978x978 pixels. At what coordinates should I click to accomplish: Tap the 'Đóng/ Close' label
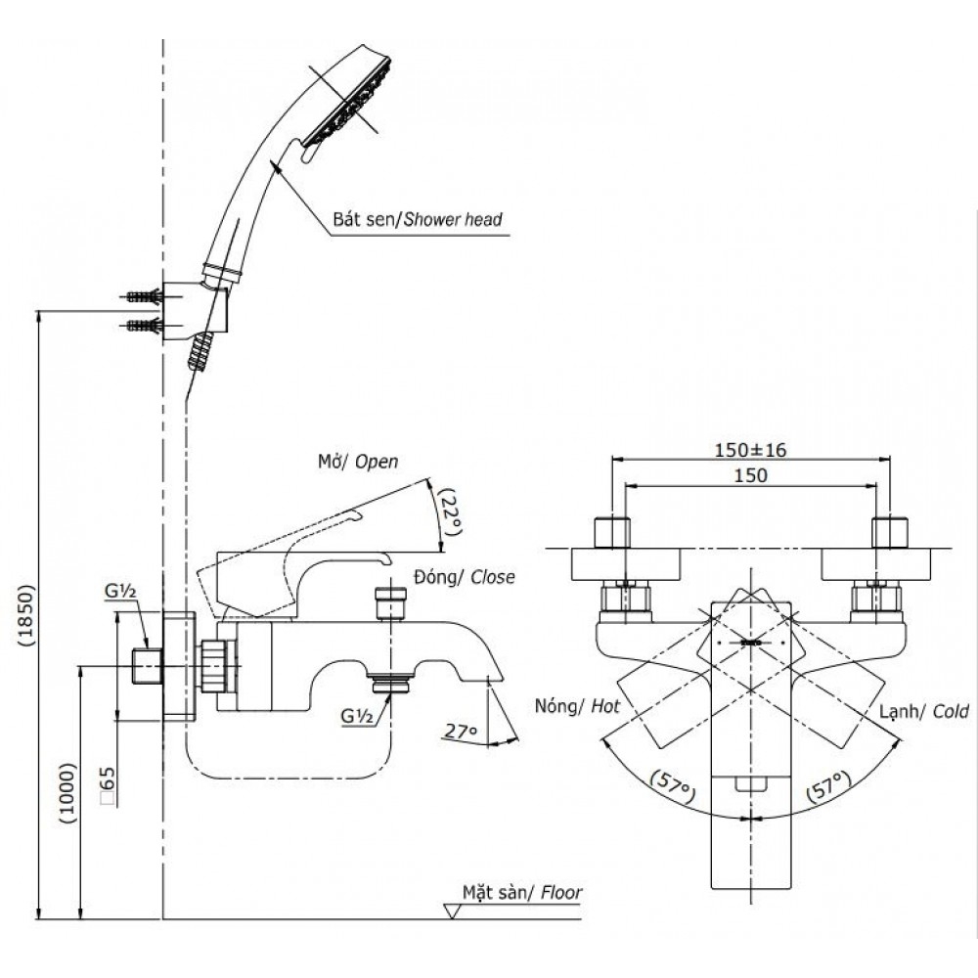click(466, 577)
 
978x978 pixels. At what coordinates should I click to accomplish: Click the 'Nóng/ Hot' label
click(578, 705)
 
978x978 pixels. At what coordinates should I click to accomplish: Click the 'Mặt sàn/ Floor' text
click(522, 893)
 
